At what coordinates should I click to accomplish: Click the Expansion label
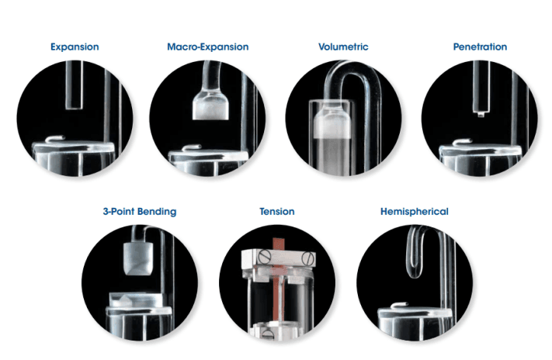(75, 47)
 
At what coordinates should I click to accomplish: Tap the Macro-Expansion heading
(208, 47)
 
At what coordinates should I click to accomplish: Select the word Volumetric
(343, 47)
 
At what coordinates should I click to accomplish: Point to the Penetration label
(480, 47)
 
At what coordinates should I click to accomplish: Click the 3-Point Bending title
(140, 212)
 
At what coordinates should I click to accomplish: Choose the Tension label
(277, 212)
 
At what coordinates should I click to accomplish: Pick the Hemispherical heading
(415, 212)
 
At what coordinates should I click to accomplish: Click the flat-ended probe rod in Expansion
(74, 85)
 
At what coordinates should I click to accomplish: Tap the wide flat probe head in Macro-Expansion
(211, 105)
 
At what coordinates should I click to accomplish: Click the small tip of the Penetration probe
(481, 114)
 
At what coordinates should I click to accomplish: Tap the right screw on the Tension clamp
(307, 258)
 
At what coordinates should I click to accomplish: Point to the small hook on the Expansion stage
(55, 139)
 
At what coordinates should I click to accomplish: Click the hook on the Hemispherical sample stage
(400, 306)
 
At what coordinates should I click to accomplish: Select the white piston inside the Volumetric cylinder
(333, 124)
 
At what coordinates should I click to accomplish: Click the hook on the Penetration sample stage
(462, 142)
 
